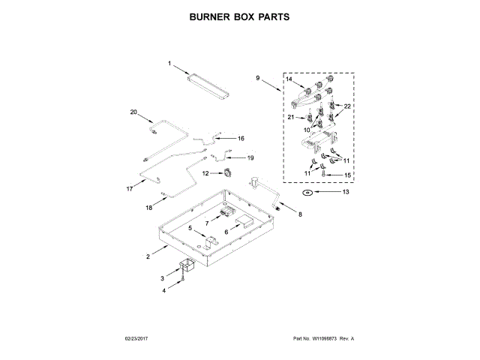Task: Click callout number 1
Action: pos(169,63)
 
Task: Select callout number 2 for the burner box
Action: pos(148,257)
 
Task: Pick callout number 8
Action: pos(300,215)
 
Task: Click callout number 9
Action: pos(256,78)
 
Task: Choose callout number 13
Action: pos(346,193)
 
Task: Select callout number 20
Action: pos(134,112)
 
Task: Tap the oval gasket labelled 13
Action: pos(307,193)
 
